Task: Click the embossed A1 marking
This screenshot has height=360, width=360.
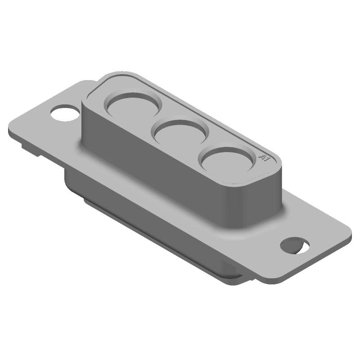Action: point(265,157)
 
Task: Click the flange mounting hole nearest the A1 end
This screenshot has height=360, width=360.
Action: point(295,245)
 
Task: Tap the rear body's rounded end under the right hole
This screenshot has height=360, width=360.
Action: point(234,272)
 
